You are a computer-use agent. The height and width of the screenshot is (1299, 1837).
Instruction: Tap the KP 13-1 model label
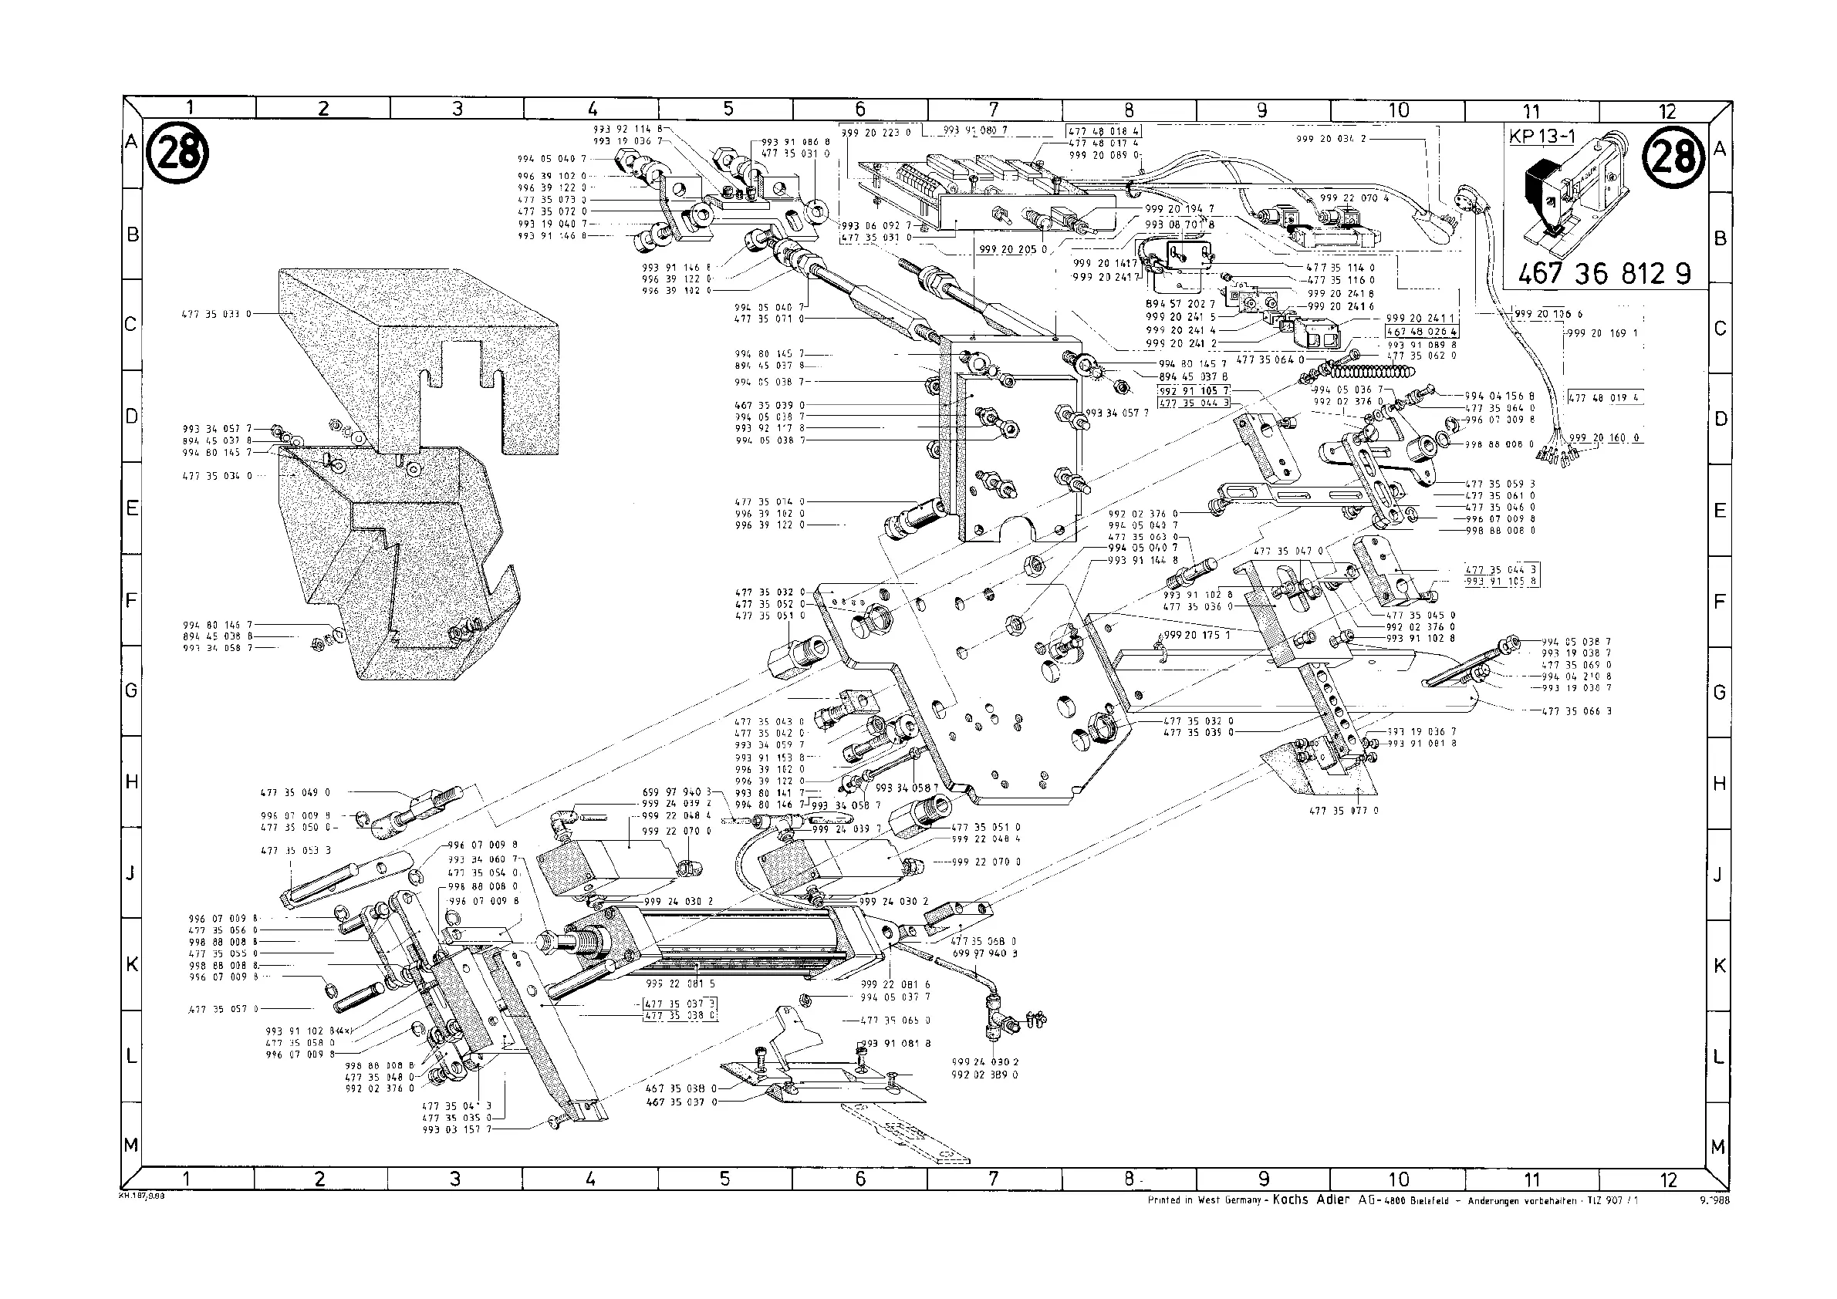(1541, 137)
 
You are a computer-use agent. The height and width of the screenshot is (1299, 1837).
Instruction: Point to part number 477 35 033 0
(211, 315)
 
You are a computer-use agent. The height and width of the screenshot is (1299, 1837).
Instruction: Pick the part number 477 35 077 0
(1343, 810)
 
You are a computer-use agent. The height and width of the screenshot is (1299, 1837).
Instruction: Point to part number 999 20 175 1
(1197, 635)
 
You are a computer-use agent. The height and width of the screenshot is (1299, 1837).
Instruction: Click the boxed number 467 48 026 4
(1422, 331)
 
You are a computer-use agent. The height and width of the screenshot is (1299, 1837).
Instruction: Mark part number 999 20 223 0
(876, 133)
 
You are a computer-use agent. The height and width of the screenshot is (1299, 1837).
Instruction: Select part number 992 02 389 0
(985, 1075)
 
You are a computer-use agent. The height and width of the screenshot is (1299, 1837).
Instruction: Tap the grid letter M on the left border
(131, 1145)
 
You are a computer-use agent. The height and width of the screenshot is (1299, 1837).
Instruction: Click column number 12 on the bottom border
(1667, 1179)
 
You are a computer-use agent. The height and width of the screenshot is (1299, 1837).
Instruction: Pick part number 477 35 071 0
(770, 319)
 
